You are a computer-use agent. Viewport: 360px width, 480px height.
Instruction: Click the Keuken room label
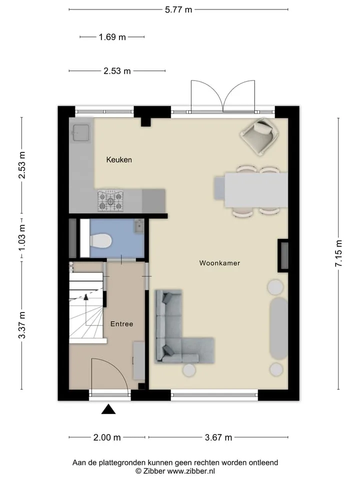pos(119,160)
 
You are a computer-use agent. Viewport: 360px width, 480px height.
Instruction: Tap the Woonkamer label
pos(219,263)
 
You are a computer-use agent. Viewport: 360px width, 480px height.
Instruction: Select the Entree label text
pos(122,324)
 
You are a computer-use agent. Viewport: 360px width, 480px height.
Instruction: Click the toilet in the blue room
pos(100,240)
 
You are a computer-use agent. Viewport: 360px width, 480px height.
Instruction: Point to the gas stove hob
pos(110,200)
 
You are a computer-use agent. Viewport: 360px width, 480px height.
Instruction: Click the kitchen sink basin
pos(81,132)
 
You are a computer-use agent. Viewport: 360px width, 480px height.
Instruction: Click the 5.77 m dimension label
pos(178,10)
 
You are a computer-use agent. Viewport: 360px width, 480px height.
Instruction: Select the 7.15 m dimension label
pos(338,253)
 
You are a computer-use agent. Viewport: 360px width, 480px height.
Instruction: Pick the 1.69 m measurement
pos(112,37)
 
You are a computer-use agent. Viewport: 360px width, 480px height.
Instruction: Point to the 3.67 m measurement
pos(218,437)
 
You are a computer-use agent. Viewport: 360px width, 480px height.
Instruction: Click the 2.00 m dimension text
pos(107,437)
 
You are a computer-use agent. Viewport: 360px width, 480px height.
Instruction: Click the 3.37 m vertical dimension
pos(21,325)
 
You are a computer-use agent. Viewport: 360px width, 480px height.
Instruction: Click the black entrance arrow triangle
pos(108,409)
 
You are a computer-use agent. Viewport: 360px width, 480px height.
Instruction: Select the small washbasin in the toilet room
pos(139,226)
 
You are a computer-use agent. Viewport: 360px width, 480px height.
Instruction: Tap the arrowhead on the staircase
pos(86,296)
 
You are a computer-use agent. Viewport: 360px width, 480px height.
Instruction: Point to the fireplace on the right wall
pos(283,255)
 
